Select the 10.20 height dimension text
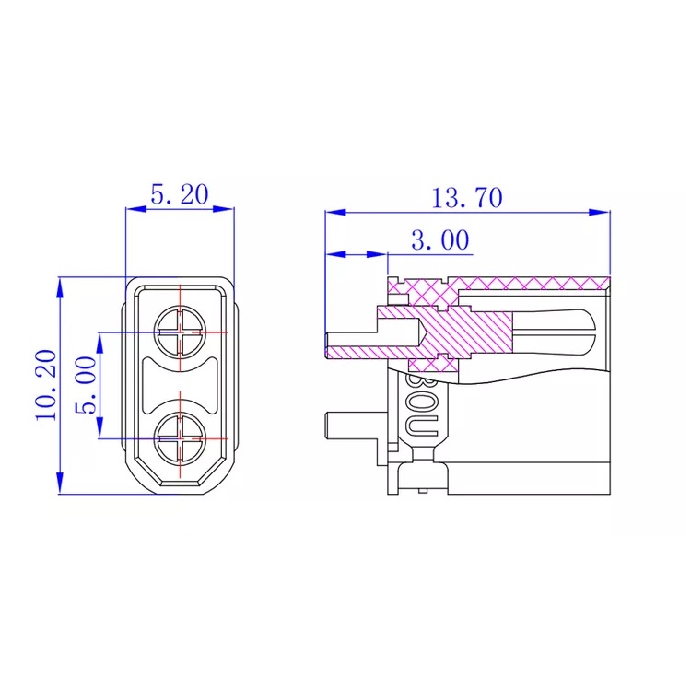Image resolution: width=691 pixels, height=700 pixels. [x=47, y=385]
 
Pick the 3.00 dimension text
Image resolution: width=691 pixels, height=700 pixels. [x=439, y=240]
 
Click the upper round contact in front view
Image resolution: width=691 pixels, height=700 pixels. [x=181, y=331]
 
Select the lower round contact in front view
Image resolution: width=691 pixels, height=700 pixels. [x=181, y=438]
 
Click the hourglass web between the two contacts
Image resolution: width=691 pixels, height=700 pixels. [x=181, y=384]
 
